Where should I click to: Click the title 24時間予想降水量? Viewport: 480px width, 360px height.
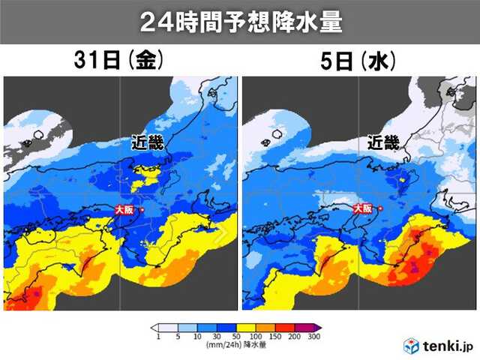click(x=240, y=22)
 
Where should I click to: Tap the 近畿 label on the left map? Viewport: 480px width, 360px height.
click(x=142, y=143)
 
